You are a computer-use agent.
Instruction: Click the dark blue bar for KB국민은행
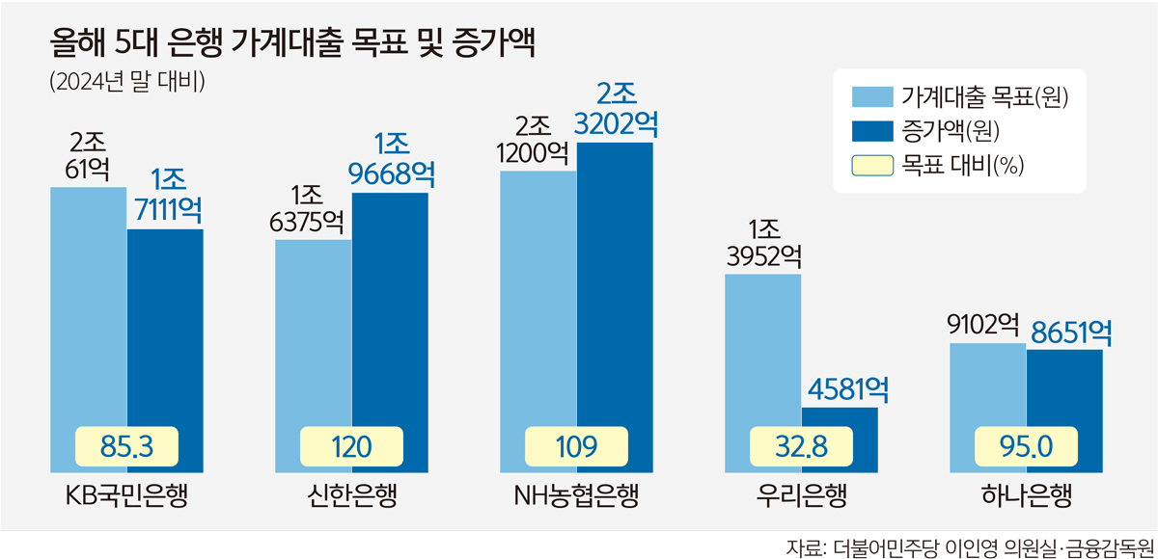tap(165, 328)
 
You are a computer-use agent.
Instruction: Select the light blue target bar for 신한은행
tap(314, 328)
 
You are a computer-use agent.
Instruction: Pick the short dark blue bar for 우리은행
tap(840, 424)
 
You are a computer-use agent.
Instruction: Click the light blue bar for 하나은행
tap(988, 386)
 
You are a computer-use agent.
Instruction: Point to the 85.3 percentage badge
tap(126, 446)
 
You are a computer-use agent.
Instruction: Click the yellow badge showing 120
tap(351, 446)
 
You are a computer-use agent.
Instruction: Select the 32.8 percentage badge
tap(801, 446)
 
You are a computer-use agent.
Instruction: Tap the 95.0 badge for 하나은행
tap(1026, 446)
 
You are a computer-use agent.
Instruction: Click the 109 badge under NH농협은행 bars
tap(576, 446)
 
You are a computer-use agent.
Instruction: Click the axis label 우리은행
tap(801, 497)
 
